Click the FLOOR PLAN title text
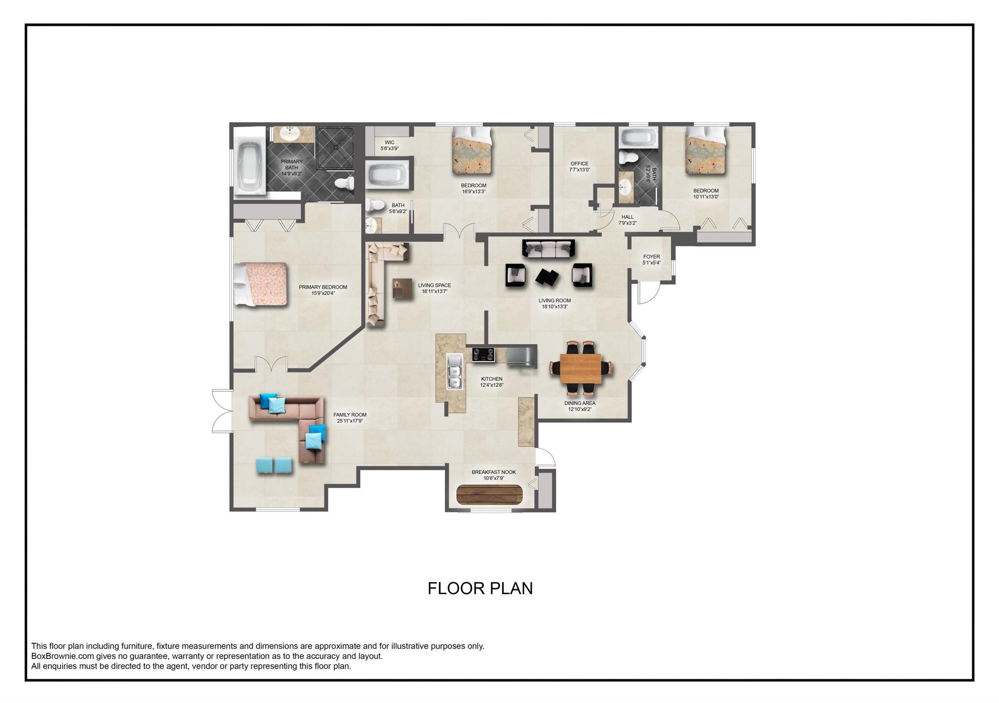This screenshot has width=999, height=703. tap(480, 588)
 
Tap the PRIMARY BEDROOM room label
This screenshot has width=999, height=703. tap(323, 287)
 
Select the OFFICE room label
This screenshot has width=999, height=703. tap(579, 164)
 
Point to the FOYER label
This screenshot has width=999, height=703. tap(651, 257)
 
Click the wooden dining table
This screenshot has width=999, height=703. tap(580, 368)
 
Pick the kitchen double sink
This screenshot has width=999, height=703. tap(455, 372)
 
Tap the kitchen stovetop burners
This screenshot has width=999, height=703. tap(483, 354)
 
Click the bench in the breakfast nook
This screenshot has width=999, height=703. tap(489, 495)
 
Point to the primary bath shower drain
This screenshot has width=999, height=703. tap(336, 146)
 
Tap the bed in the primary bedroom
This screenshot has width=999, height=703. tap(260, 284)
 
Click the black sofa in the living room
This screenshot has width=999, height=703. tap(549, 248)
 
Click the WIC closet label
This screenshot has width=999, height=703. tap(389, 143)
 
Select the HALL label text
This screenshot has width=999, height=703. tap(627, 217)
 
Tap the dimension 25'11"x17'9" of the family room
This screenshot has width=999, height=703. tap(350, 421)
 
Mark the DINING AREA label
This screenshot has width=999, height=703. tap(580, 403)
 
